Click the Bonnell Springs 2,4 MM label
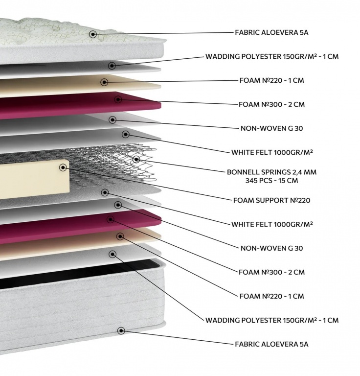click(271, 172)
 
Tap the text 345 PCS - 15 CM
click(271, 180)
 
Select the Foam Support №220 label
click(271, 200)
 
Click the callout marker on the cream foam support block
click(63, 167)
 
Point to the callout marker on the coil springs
click(136, 159)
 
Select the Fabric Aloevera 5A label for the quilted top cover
click(271, 32)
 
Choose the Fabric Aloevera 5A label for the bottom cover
click(271, 344)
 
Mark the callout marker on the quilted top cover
click(93, 34)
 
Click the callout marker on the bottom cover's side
click(121, 330)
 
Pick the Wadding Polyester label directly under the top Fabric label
click(272, 56)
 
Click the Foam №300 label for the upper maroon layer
click(271, 104)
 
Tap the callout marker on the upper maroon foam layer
click(118, 99)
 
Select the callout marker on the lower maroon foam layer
click(111, 219)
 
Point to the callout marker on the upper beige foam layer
click(104, 82)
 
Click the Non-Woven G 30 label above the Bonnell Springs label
click(271, 128)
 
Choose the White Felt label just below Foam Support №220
click(272, 224)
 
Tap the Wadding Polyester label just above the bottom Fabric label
click(272, 320)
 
